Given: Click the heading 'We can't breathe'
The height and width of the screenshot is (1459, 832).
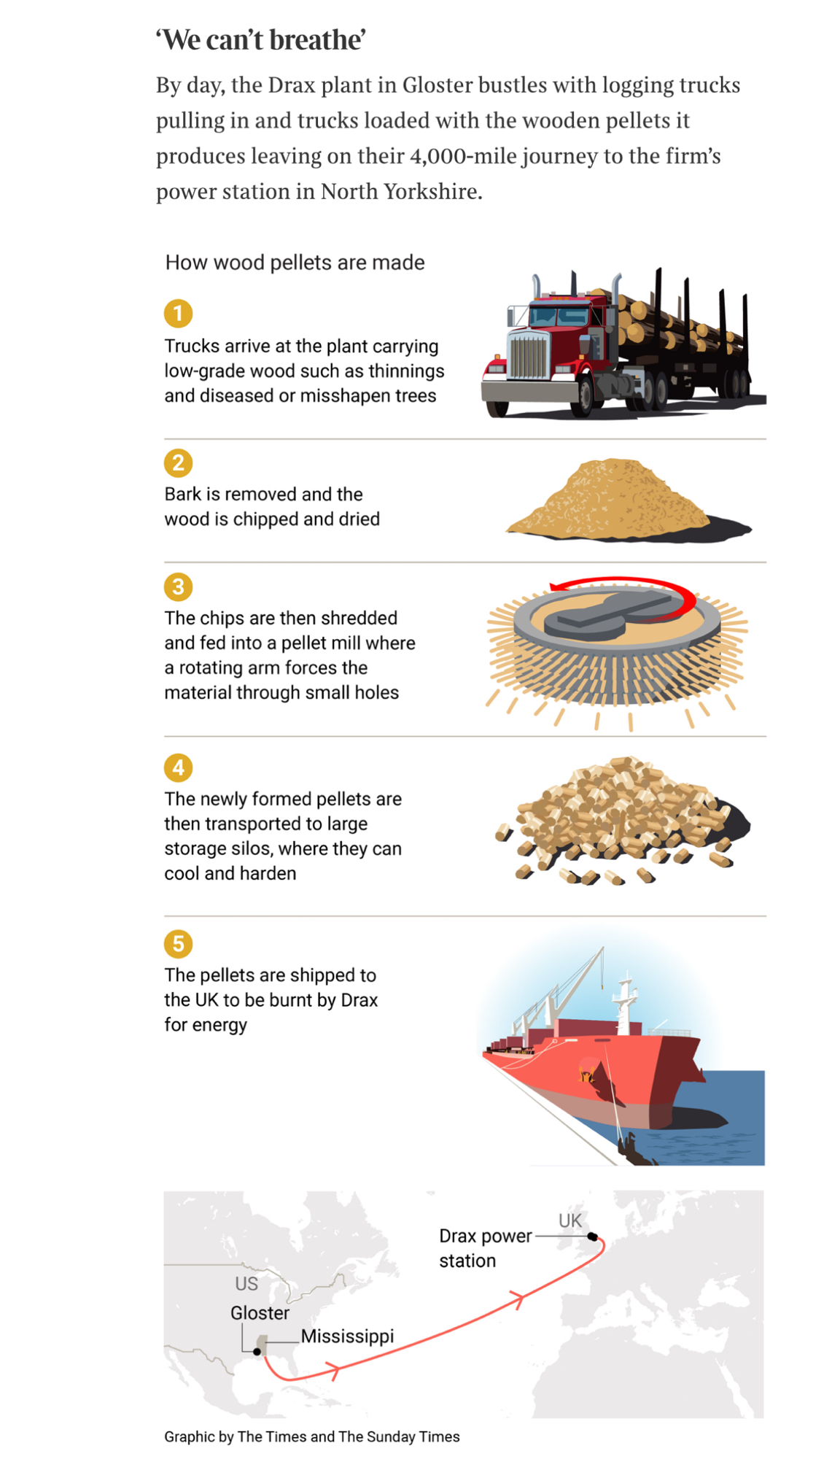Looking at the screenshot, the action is [260, 40].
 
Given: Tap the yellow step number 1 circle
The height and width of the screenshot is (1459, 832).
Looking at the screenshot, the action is [178, 314].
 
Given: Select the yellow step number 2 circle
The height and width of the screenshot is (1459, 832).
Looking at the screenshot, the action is [178, 463].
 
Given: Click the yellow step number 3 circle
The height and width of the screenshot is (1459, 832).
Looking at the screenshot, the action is [178, 587].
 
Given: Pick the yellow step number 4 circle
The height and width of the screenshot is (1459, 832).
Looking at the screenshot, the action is [178, 767].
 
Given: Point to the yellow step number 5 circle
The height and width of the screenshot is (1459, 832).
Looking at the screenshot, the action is [178, 944].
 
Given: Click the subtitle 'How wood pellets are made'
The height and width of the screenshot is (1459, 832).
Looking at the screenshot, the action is [295, 263].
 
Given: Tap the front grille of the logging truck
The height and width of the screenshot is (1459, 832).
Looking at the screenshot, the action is [528, 355].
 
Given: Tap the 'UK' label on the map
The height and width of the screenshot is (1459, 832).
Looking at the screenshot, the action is [570, 1220].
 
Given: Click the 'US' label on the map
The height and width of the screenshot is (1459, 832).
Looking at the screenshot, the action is [246, 1283].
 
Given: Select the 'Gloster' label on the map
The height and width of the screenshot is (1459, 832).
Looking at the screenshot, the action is [260, 1313].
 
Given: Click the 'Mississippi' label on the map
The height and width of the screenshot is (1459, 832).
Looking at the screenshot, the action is [347, 1336].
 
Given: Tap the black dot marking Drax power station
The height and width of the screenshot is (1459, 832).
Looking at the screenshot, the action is [593, 1237].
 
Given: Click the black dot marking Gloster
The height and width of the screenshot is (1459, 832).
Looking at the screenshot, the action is [257, 1352].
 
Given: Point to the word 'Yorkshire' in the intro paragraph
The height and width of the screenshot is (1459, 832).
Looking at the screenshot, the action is [431, 191].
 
